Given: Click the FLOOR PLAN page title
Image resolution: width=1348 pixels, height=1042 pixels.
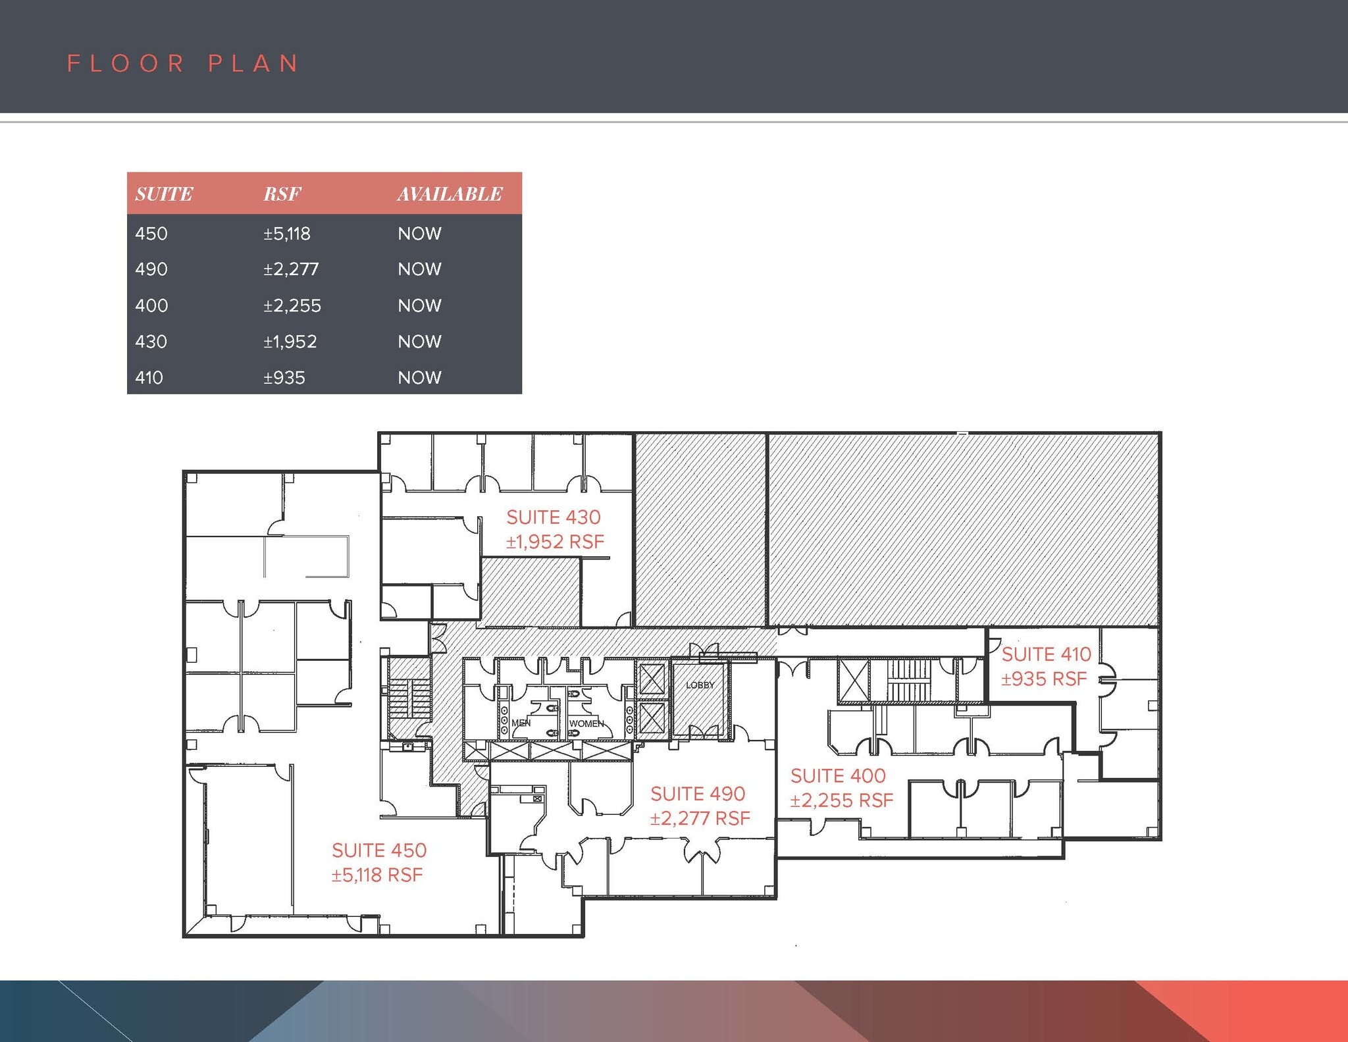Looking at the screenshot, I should click(x=183, y=64).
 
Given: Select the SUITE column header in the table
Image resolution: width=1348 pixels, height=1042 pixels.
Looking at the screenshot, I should click(x=164, y=194).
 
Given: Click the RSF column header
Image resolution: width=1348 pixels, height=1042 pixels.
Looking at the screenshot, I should click(x=282, y=194).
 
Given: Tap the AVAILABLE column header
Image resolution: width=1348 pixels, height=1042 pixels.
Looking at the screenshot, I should click(x=450, y=194).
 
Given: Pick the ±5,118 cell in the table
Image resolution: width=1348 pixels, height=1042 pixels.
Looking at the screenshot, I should click(x=287, y=234).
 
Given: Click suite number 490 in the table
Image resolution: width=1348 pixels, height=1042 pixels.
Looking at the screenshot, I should click(x=151, y=269).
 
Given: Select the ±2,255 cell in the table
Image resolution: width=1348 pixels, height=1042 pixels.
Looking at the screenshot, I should click(x=292, y=305).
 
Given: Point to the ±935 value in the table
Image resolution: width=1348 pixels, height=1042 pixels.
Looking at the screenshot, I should click(x=284, y=378).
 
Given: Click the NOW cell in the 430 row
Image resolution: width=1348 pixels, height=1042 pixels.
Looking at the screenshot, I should click(x=419, y=342).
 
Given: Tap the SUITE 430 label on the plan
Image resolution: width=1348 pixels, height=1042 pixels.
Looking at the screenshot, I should click(x=554, y=517).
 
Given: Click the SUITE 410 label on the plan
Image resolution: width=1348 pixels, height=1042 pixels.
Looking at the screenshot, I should click(x=1046, y=654).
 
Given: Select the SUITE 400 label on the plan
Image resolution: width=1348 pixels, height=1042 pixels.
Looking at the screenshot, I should click(x=838, y=776).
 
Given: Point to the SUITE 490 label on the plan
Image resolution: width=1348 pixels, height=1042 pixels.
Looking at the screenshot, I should click(x=698, y=794).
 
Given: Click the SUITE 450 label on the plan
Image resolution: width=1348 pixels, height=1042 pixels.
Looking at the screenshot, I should click(x=379, y=850).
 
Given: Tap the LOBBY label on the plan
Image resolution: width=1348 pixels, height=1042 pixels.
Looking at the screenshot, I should click(x=700, y=685).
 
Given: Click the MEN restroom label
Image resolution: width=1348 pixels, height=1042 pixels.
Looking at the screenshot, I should click(x=521, y=723).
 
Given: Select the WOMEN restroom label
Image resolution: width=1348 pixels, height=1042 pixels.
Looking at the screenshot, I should click(x=586, y=723).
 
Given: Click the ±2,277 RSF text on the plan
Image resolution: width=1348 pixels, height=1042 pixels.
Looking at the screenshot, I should click(x=700, y=819).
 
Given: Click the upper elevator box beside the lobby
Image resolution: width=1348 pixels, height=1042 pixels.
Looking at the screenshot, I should click(x=652, y=679).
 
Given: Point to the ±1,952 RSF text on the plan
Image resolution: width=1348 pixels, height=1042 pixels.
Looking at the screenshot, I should click(x=555, y=542).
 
